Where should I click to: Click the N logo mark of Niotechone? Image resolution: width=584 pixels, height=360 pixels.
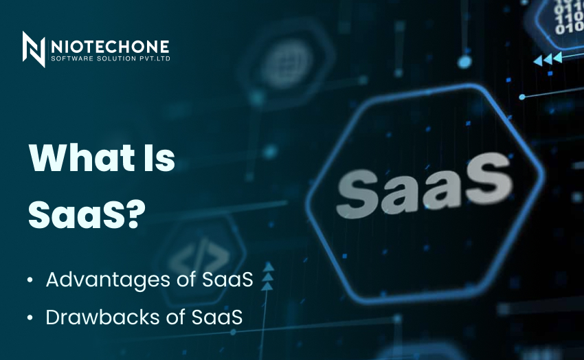click(x=34, y=49)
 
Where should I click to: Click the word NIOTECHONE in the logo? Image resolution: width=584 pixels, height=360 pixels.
click(x=110, y=46)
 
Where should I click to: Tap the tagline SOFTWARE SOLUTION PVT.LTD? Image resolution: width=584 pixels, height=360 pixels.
click(x=110, y=59)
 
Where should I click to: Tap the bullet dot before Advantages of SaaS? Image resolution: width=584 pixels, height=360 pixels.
click(x=30, y=281)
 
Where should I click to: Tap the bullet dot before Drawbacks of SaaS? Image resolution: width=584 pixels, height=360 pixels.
click(x=30, y=318)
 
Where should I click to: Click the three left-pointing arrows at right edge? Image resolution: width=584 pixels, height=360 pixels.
click(x=548, y=59)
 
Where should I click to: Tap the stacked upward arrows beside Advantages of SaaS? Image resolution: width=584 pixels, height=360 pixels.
click(x=269, y=278)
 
